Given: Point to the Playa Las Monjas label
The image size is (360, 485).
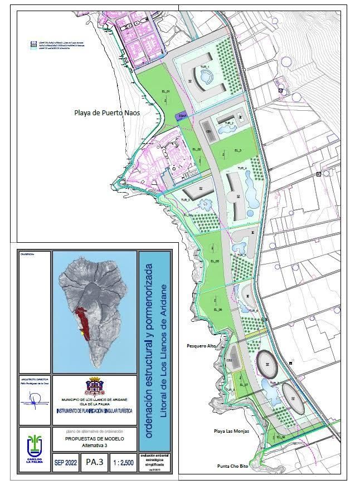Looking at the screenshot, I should pos(231,431).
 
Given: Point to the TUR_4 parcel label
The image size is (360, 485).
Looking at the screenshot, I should pos(242,168).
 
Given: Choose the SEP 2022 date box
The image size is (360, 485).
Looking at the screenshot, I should pos(66,462).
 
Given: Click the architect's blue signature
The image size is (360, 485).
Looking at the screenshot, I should pos(35,399).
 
